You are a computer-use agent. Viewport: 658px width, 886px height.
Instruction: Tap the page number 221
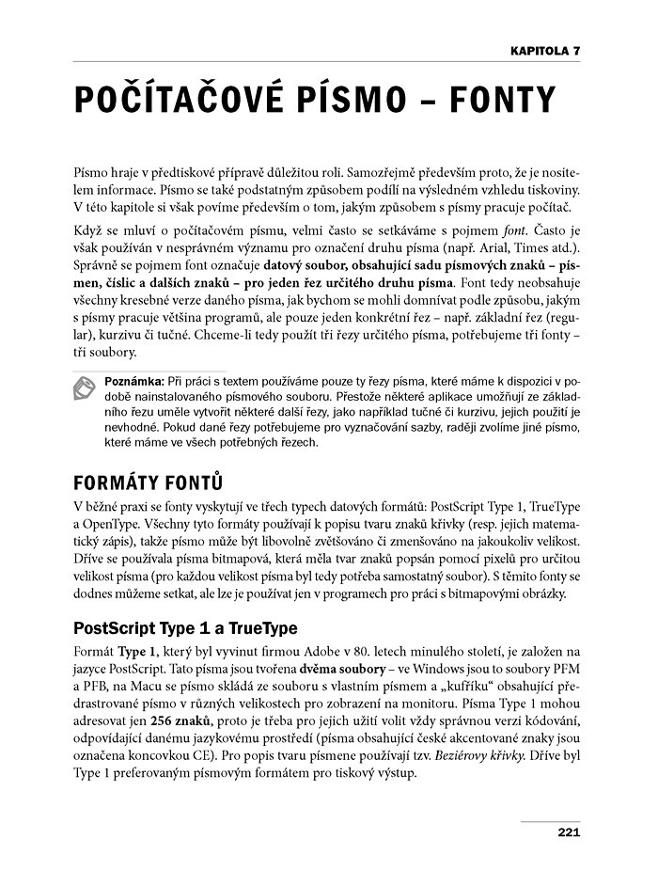tap(568, 831)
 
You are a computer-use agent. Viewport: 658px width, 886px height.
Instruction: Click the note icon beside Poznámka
tap(86, 388)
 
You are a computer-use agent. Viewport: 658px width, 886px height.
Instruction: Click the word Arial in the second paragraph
tap(502, 248)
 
